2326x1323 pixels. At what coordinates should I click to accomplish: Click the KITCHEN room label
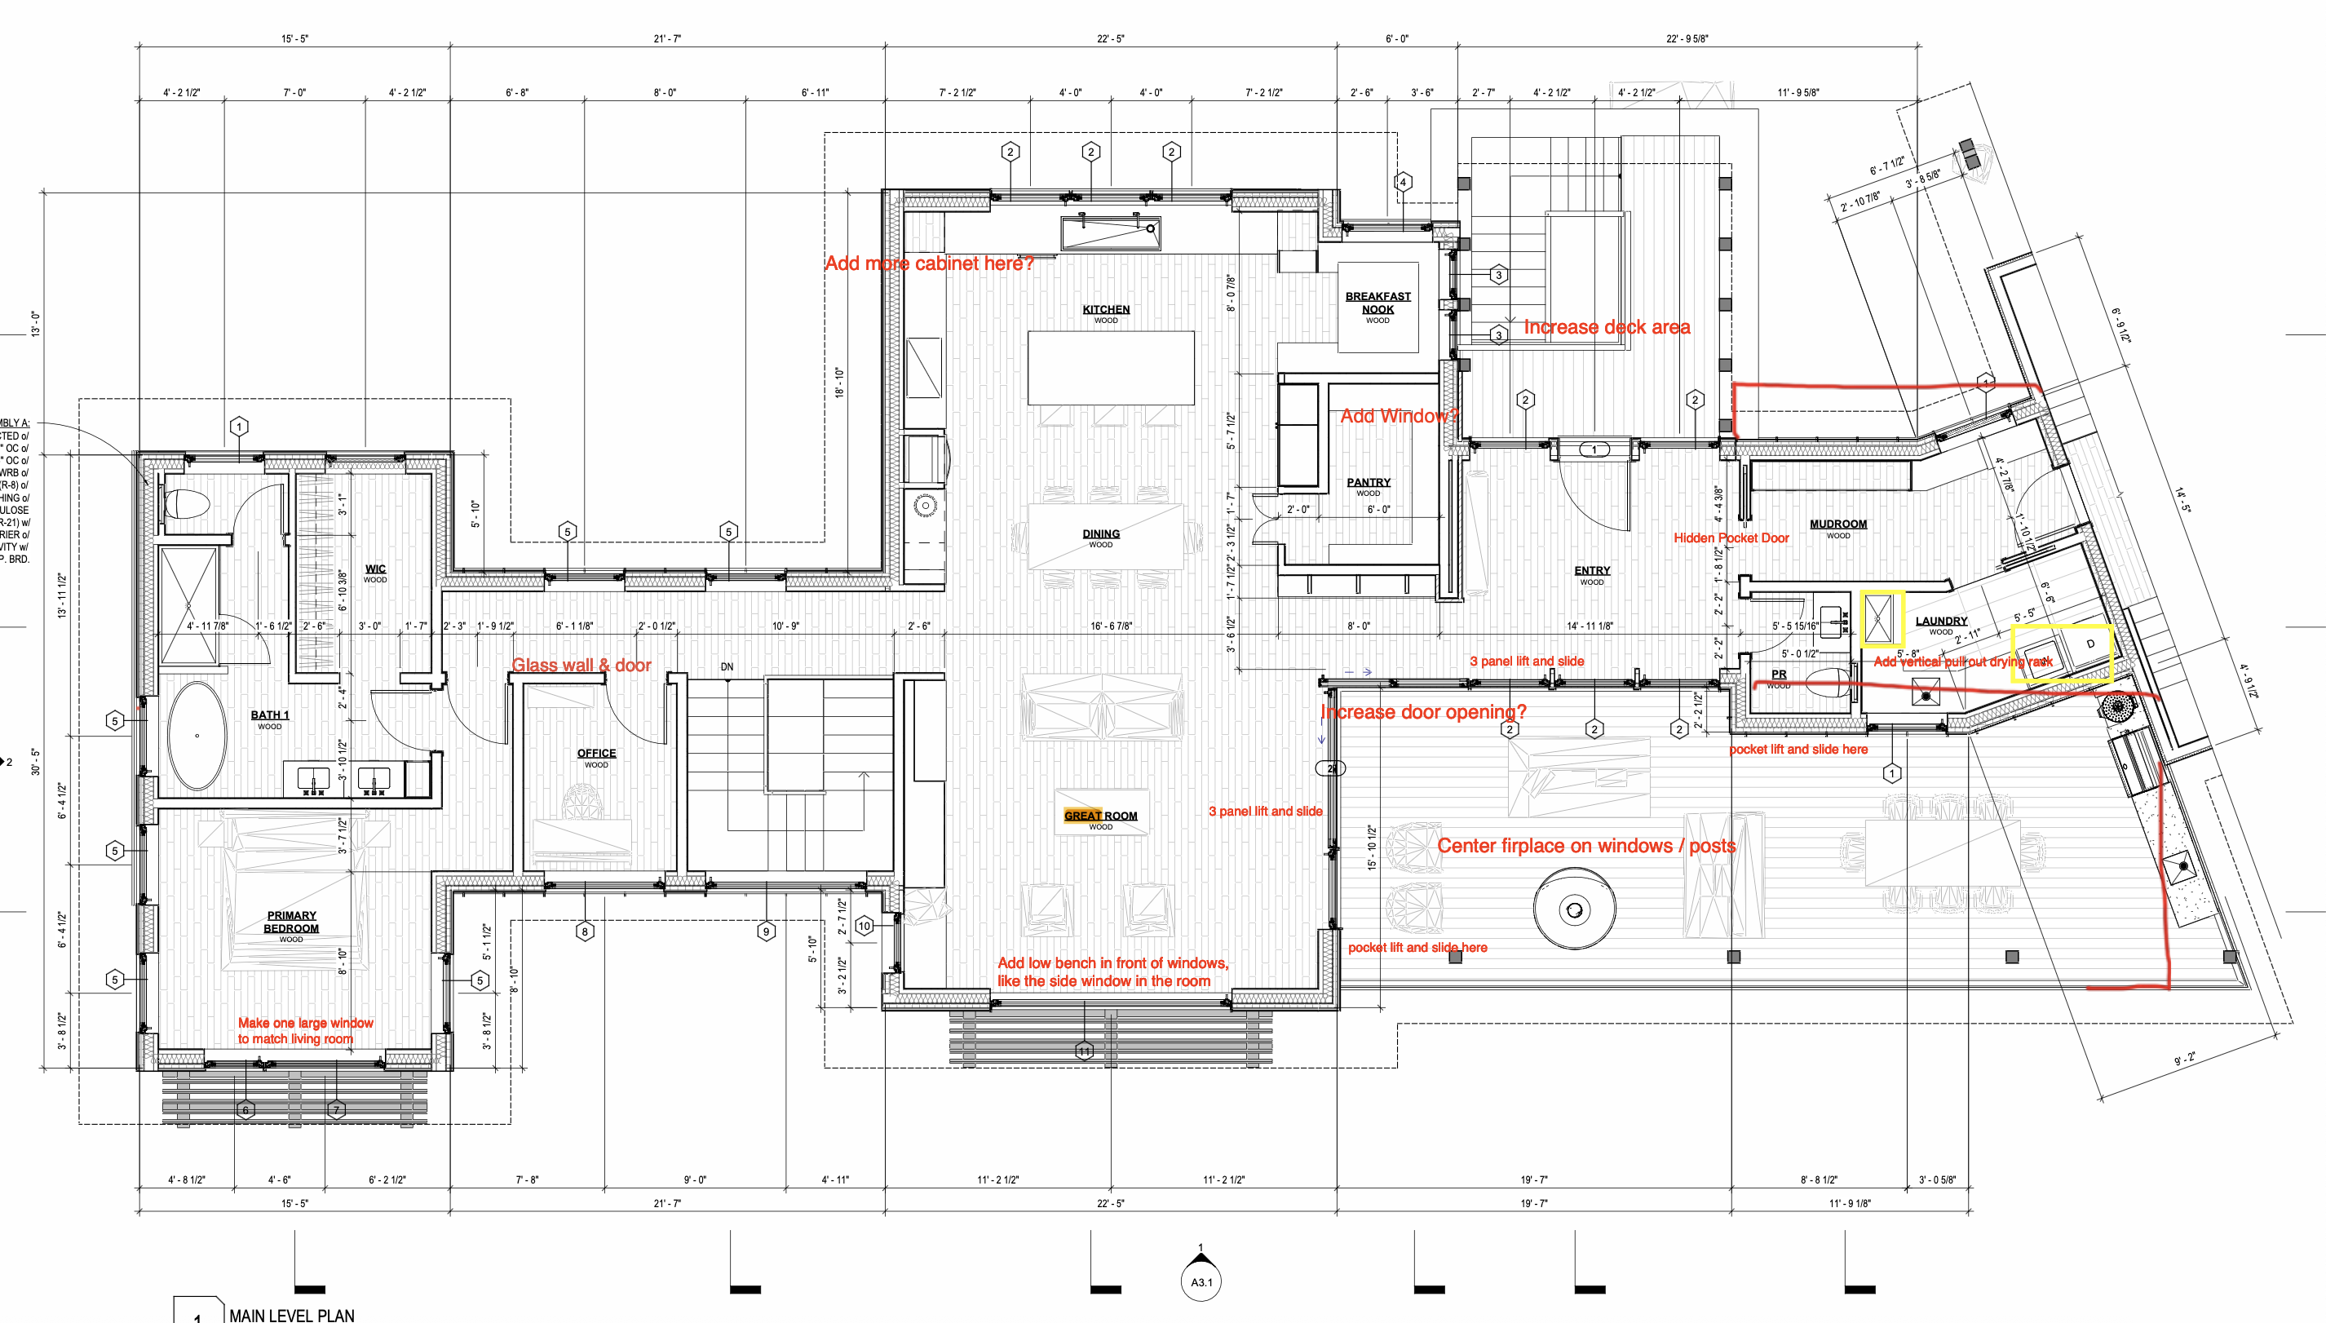[x=1106, y=310]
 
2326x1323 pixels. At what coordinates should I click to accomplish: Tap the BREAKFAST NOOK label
[x=1377, y=303]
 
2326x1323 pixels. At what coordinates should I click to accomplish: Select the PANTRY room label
[x=1369, y=483]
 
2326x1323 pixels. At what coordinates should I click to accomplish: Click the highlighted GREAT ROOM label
[x=1100, y=816]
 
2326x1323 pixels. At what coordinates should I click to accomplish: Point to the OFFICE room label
[x=596, y=754]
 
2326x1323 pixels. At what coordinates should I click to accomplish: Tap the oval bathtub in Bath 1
[x=197, y=736]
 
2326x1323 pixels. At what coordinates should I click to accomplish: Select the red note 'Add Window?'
[x=1399, y=416]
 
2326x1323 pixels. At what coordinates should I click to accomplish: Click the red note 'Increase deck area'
[x=1607, y=327]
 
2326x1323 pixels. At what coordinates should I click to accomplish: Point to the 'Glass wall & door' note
[x=581, y=665]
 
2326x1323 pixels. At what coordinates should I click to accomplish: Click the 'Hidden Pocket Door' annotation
[x=1731, y=538]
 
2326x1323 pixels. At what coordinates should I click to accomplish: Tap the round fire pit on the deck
[x=1574, y=909]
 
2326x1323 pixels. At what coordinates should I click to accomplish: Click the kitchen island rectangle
[x=1110, y=368]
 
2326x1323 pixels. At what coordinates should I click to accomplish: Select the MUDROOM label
[x=1838, y=524]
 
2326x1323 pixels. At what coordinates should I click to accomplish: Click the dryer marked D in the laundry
[x=2089, y=644]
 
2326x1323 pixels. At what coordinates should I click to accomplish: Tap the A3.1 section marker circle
[x=1201, y=1282]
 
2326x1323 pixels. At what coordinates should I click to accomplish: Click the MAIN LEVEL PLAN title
[x=292, y=1314]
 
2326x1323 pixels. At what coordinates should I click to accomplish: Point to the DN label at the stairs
[x=727, y=667]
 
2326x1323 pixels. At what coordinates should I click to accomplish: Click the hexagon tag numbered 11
[x=1084, y=1051]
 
